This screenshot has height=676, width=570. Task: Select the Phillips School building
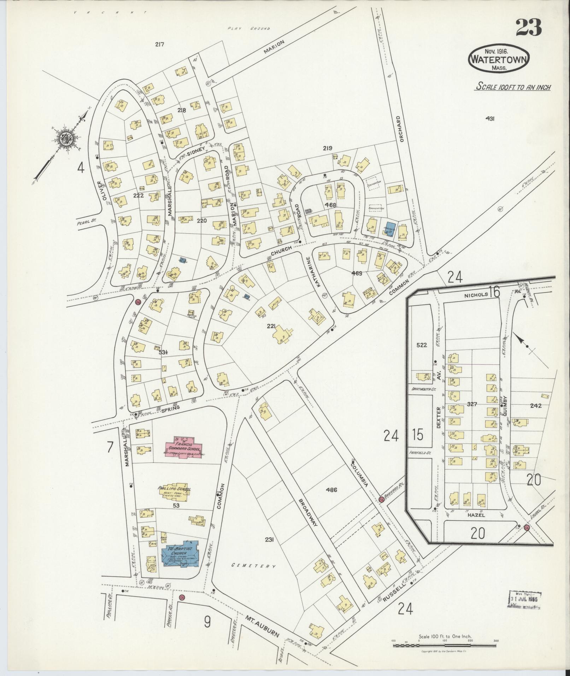click(x=174, y=492)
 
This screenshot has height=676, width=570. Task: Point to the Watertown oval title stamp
click(x=499, y=59)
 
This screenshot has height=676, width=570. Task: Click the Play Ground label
click(x=249, y=29)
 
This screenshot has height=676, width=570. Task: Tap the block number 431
click(x=490, y=119)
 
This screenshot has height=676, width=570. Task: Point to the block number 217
click(x=160, y=45)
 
